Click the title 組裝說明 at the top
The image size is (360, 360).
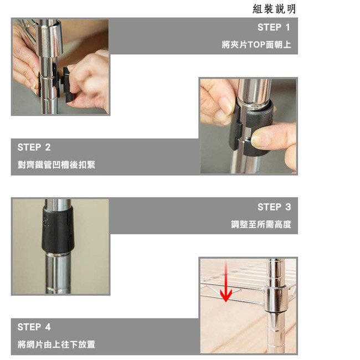(274, 9)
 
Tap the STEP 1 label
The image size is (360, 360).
(274, 27)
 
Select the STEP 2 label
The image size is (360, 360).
(34, 147)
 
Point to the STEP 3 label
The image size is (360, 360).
(274, 207)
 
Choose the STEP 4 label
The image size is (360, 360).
(34, 327)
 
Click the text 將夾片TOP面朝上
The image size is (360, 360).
(256, 44)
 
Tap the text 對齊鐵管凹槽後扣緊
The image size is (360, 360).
(56, 164)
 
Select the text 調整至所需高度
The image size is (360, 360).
(261, 224)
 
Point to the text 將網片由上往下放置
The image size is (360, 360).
(56, 344)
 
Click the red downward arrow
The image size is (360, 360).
(226, 281)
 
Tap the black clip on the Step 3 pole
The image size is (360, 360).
(58, 230)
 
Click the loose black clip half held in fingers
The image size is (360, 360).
(68, 85)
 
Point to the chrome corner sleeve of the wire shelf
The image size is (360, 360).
(276, 299)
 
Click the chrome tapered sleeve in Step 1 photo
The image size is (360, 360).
(49, 38)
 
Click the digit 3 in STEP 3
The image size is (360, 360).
(288, 207)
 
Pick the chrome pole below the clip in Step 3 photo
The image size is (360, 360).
(58, 273)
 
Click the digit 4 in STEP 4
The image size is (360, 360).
(48, 327)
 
